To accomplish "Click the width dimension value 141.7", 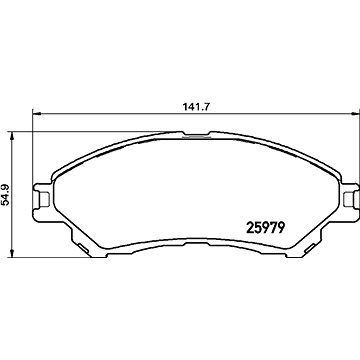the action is tap(196, 107).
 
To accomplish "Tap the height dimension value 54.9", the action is tap(6, 194).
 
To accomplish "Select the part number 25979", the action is tap(265, 228).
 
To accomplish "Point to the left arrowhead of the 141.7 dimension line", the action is tap(36, 114).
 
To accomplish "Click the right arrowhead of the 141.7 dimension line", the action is tap(356, 114).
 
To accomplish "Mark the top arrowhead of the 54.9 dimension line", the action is tap(12, 136).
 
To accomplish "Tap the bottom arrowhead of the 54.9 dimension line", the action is tap(12, 253).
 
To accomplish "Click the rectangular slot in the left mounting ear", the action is tap(44, 199).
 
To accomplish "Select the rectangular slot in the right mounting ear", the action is tap(349, 199).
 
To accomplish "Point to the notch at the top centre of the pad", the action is tap(197, 136).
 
